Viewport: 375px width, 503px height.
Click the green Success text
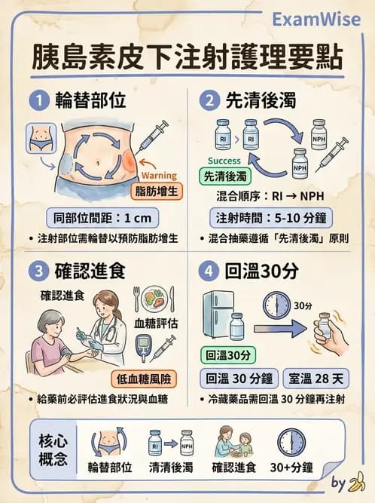click(223, 161)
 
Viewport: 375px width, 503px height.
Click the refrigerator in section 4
click(221, 313)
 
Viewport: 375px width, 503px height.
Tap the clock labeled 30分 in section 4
click(276, 307)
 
